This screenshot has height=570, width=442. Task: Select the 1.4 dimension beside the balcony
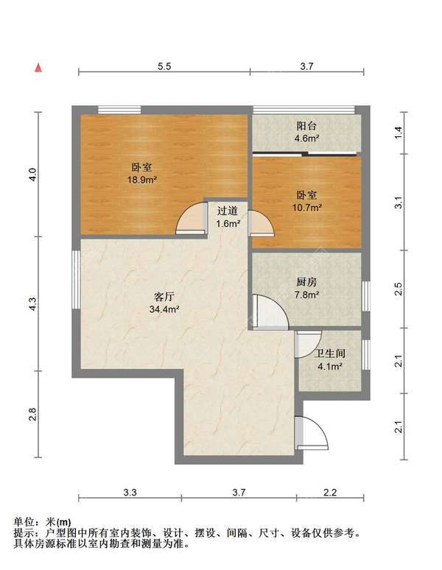(398, 133)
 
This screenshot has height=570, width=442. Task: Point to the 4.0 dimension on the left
(32, 175)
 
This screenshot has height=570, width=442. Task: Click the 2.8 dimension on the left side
(32, 415)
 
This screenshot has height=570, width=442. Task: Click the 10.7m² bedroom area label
(306, 201)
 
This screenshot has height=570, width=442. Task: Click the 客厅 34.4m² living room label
(164, 303)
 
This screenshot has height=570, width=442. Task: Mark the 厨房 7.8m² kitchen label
(306, 288)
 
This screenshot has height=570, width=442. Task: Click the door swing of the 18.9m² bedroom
(190, 219)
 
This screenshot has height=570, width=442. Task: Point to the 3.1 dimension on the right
(398, 203)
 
